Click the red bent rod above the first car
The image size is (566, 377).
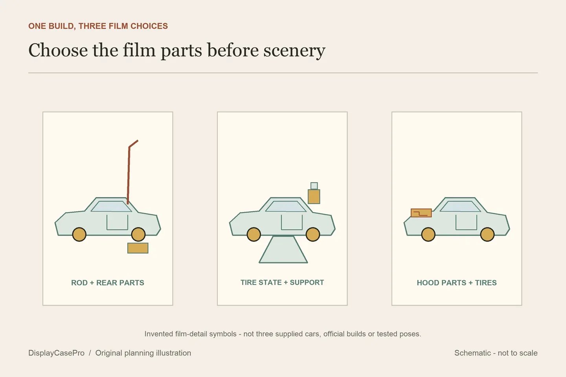tap(129, 174)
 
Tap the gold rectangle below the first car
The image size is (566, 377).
tap(138, 248)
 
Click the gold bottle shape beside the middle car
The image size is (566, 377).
tap(314, 196)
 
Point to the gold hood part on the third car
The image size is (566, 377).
tap(421, 213)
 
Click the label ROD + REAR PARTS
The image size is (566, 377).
tap(108, 283)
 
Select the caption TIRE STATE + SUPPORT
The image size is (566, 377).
tap(282, 282)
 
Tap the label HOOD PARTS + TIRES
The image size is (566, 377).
tap(457, 283)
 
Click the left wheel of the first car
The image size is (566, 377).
tap(79, 234)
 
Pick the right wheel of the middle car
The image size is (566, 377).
tap(313, 234)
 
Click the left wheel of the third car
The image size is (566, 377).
tap(428, 234)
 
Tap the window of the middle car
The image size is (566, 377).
tap(285, 206)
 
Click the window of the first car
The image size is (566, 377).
tap(111, 206)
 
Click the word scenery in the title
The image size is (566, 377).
tap(294, 50)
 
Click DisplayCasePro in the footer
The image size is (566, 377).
tap(56, 353)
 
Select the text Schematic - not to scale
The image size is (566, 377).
tap(496, 353)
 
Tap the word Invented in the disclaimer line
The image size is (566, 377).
tap(159, 334)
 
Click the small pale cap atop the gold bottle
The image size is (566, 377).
tap(314, 186)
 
